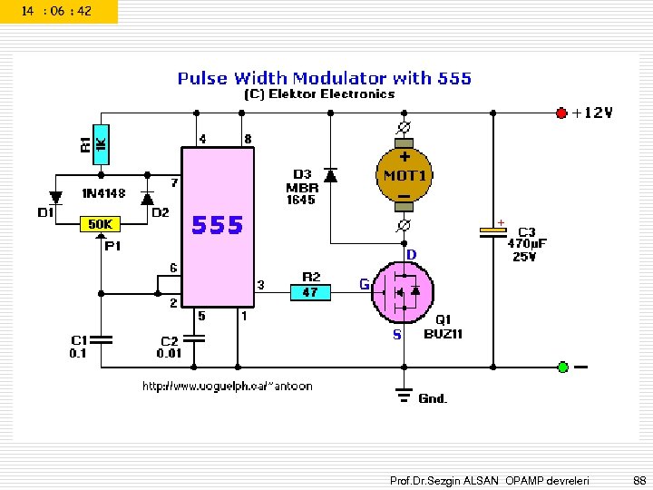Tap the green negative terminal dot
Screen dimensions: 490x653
pyautogui.click(x=562, y=367)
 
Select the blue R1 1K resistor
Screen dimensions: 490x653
pyautogui.click(x=100, y=144)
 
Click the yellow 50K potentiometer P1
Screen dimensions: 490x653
pyautogui.click(x=100, y=223)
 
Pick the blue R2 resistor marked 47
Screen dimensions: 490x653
pyautogui.click(x=310, y=291)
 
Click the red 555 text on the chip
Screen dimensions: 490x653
pyautogui.click(x=218, y=225)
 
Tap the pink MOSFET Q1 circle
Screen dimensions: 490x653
pyautogui.click(x=403, y=290)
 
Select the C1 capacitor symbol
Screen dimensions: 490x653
pyautogui.click(x=100, y=339)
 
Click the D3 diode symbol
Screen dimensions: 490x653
pyautogui.click(x=330, y=174)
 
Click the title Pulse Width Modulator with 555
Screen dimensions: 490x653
pyautogui.click(x=324, y=78)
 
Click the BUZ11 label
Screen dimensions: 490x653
pyautogui.click(x=443, y=333)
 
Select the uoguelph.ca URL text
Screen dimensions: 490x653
pyautogui.click(x=227, y=387)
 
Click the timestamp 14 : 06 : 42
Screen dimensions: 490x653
pyautogui.click(x=56, y=11)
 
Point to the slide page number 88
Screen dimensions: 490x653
pyautogui.click(x=638, y=478)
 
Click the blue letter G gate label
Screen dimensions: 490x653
pyautogui.click(x=364, y=284)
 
